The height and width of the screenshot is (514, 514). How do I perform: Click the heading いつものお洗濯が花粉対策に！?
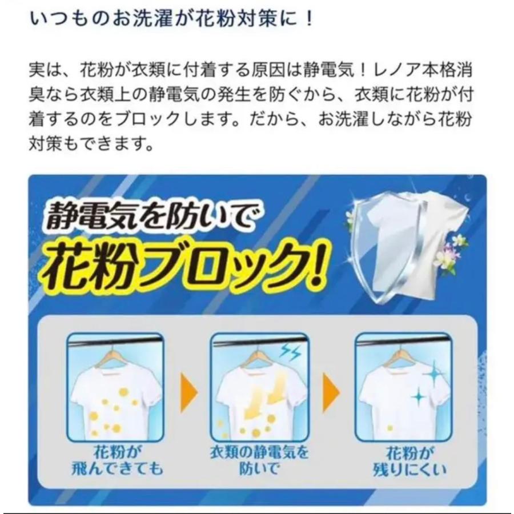pyautogui.click(x=171, y=19)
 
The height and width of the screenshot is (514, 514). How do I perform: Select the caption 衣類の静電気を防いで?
pyautogui.click(x=259, y=461)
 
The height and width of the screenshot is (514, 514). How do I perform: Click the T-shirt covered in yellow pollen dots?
pyautogui.click(x=115, y=400)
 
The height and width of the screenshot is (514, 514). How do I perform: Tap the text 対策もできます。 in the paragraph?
pyautogui.click(x=91, y=142)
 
